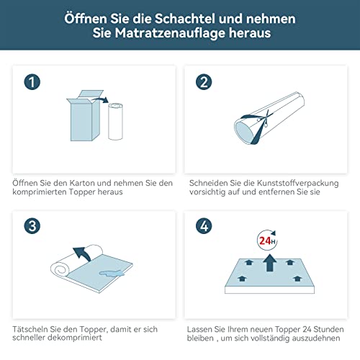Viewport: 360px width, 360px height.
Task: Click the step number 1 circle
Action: (32, 82)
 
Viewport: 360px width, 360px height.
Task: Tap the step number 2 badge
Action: (204, 82)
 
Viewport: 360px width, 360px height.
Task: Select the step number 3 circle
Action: (32, 226)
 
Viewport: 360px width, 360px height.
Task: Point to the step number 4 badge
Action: (204, 226)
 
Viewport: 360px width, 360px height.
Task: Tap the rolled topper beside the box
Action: (115, 121)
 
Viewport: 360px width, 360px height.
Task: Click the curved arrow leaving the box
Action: (100, 99)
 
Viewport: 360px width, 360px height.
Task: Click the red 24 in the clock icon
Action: (265, 240)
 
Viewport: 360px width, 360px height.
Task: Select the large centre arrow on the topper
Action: (270, 263)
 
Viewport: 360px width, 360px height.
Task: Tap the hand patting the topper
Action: (112, 274)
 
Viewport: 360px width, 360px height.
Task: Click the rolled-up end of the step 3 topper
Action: (60, 269)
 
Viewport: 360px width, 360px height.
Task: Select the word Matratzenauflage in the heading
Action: (170, 33)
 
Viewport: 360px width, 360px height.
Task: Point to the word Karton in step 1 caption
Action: (81, 183)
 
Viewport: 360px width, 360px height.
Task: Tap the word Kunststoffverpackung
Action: (297, 184)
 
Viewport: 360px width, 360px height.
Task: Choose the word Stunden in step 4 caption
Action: (328, 329)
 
